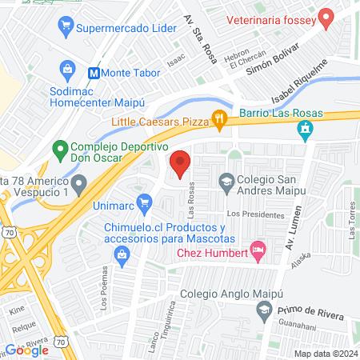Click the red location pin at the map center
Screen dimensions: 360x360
pyautogui.click(x=180, y=163)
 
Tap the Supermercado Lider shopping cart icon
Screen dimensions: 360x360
pyautogui.click(x=66, y=29)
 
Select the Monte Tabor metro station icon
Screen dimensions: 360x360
pyautogui.click(x=94, y=72)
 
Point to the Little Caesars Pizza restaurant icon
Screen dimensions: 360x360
pyautogui.click(x=219, y=121)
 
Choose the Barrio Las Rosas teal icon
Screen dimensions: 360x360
pyautogui.click(x=304, y=129)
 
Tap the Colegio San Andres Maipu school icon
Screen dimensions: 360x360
pyautogui.click(x=226, y=181)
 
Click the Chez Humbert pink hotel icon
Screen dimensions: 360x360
pyautogui.click(x=257, y=251)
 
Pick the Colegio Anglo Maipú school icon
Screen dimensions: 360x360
pyautogui.click(x=262, y=308)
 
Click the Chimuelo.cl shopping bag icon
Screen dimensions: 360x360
pyautogui.click(x=122, y=256)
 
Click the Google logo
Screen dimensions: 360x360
pyautogui.click(x=27, y=350)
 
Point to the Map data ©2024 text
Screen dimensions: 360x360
pyautogui.click(x=325, y=354)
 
